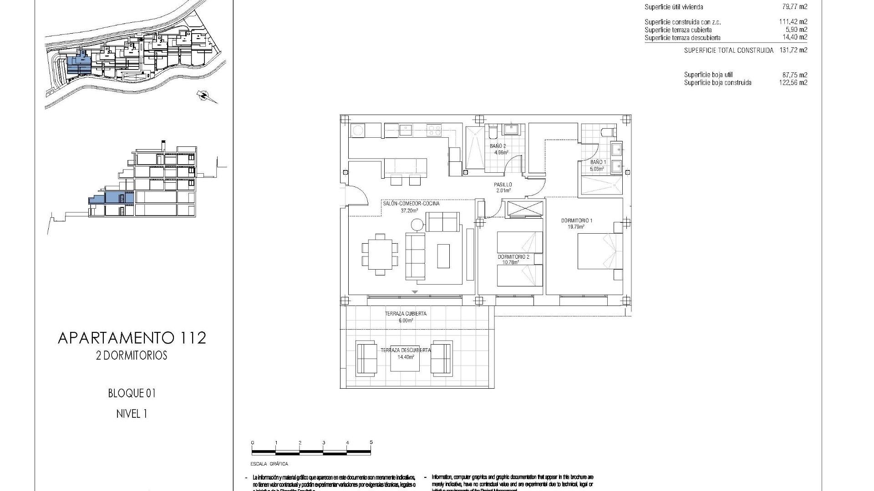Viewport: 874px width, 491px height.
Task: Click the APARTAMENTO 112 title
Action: [132, 338]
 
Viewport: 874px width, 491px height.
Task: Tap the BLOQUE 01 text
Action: [132, 393]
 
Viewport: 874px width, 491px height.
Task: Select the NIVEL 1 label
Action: [132, 414]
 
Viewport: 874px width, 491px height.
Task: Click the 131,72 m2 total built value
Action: [793, 50]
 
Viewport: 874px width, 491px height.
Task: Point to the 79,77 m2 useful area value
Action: [793, 7]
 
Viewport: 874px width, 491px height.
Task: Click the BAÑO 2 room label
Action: [498, 146]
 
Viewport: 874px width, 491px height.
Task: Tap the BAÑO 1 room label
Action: [598, 162]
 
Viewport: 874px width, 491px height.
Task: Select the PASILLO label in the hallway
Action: [503, 185]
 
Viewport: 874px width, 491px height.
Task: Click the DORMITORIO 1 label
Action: [577, 221]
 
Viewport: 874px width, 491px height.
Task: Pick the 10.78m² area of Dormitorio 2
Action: [510, 262]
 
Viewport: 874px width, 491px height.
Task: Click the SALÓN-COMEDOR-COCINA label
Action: [411, 204]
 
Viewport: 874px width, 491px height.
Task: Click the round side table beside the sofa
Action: [417, 225]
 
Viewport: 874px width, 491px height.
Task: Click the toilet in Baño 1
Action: [608, 131]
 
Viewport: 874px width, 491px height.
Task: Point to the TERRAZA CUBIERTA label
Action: [406, 314]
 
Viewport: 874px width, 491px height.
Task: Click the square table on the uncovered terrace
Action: [404, 358]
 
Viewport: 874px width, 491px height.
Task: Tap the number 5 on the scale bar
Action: [371, 442]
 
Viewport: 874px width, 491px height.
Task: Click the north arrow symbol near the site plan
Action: [203, 95]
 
